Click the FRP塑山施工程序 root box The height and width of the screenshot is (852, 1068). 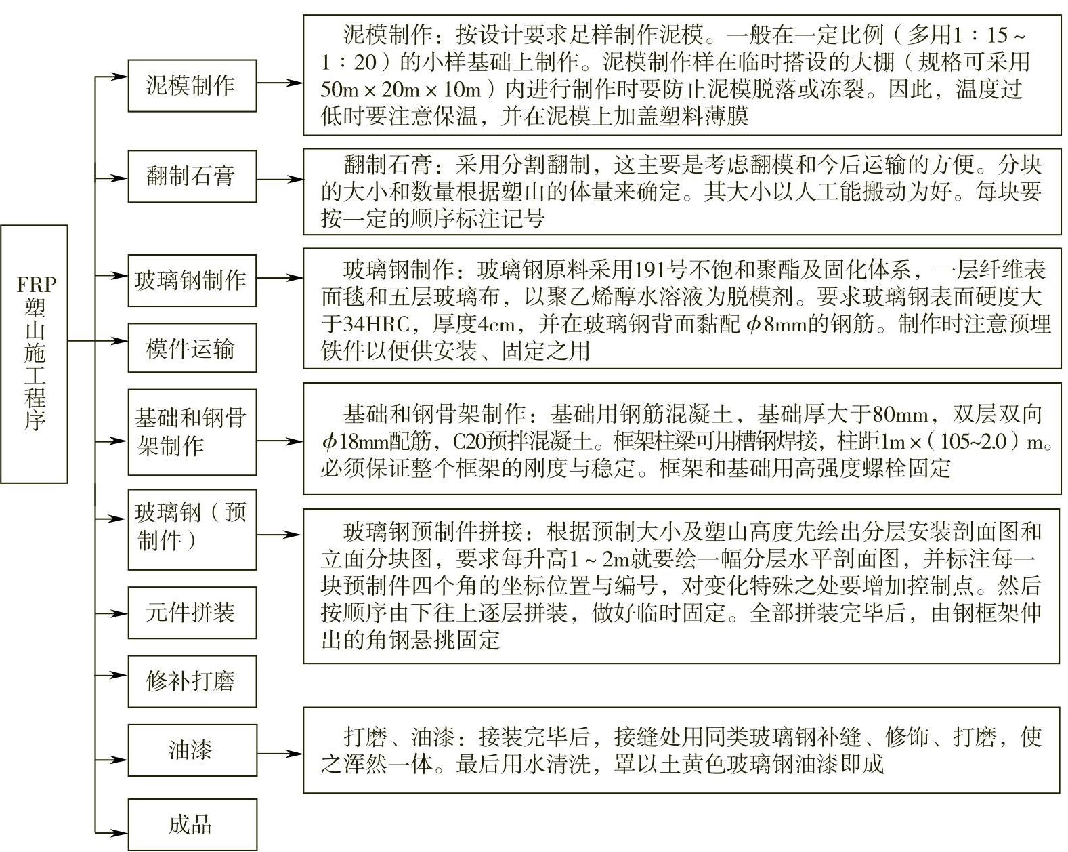tap(34, 354)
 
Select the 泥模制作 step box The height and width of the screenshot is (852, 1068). tap(192, 85)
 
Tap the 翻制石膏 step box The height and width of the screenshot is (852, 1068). tap(192, 176)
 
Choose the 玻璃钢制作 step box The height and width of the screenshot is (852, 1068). tap(192, 281)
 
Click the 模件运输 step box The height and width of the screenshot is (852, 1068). tap(192, 348)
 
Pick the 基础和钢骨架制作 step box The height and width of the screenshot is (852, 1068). tap(192, 432)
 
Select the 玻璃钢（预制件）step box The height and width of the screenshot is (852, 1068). tap(192, 529)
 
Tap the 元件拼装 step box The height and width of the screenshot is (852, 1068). tap(192, 613)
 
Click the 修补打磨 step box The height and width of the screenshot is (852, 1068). tap(192, 681)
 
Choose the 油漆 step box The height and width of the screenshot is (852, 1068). tap(192, 750)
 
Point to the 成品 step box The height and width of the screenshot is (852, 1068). tap(192, 825)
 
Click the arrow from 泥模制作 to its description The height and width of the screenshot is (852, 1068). tap(279, 83)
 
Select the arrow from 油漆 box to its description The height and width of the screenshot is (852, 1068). tap(279, 754)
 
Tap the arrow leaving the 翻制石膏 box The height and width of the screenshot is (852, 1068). tap(279, 180)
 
